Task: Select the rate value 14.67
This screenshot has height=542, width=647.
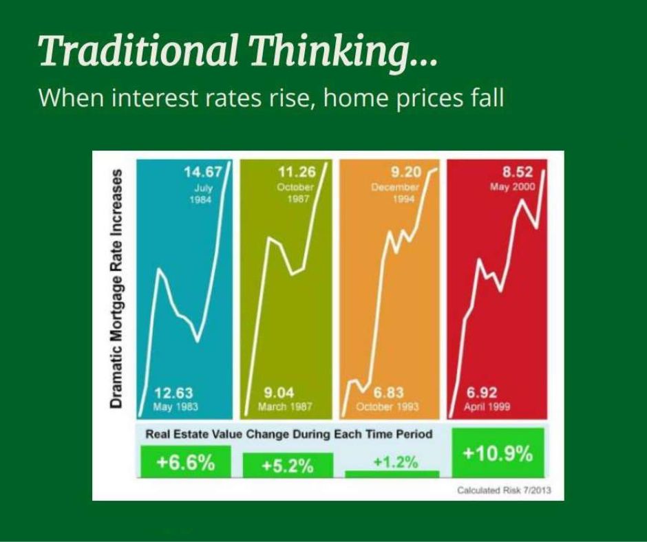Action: (202, 171)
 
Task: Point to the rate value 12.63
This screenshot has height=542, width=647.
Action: (173, 392)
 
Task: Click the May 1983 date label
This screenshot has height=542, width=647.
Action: (176, 406)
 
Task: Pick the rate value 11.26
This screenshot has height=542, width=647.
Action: (296, 171)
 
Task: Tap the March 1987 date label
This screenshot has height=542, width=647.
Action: (285, 406)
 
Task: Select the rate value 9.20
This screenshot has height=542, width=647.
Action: (406, 171)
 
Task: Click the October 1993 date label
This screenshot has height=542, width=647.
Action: (387, 406)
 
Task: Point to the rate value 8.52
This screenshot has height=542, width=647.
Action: (518, 171)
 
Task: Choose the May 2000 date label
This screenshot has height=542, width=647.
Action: (513, 187)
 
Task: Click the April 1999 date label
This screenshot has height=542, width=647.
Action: (487, 407)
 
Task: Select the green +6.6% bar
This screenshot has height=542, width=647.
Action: (186, 462)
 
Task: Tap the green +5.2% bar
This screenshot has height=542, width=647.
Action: (288, 465)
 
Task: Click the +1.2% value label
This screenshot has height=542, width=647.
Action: (395, 462)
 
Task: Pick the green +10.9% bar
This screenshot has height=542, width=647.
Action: (498, 453)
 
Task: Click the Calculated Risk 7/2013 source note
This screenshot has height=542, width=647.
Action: (504, 490)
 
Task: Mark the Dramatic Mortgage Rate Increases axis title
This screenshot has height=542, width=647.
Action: (116, 289)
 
